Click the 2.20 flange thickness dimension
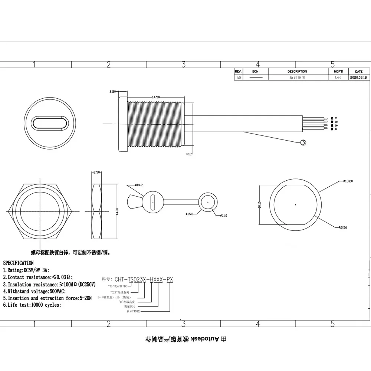click(113, 91)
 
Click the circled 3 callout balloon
click(303, 142)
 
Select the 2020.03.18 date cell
click(358, 78)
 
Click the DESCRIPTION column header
click(297, 71)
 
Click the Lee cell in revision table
click(338, 78)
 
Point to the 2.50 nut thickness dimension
click(96, 173)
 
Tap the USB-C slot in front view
click(50, 123)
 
